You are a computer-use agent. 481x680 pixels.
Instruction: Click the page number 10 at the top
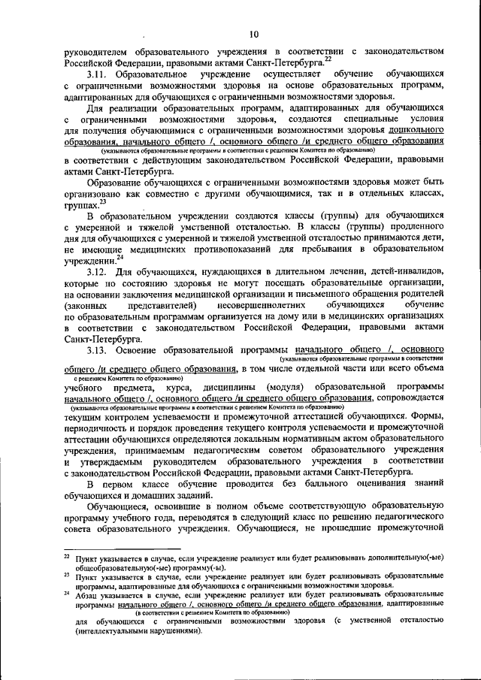[x=254, y=34]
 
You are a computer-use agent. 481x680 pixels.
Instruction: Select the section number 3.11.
[x=96, y=75]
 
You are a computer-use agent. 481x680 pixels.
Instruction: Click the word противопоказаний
[x=230, y=247]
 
